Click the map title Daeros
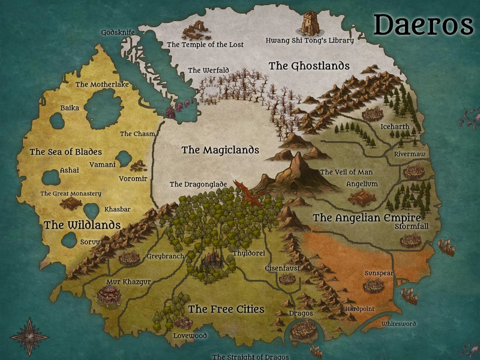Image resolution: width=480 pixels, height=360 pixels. pos(424,25)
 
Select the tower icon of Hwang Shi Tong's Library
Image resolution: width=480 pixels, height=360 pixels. pos(310,23)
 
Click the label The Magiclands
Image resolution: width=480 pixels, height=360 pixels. pos(220,150)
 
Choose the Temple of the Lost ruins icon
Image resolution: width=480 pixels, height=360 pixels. pos(196,29)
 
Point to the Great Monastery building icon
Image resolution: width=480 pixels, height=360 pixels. pos(71,203)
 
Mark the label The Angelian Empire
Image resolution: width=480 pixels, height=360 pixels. pos(367,217)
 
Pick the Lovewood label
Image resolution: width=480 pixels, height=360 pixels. pos(190,335)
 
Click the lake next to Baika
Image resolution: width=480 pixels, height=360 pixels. pos(58,121)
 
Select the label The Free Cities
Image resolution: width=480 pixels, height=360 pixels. pos(226,309)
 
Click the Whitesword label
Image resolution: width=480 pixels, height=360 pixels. pos(398,324)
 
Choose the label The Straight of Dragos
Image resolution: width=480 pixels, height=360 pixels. pos(250,356)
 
